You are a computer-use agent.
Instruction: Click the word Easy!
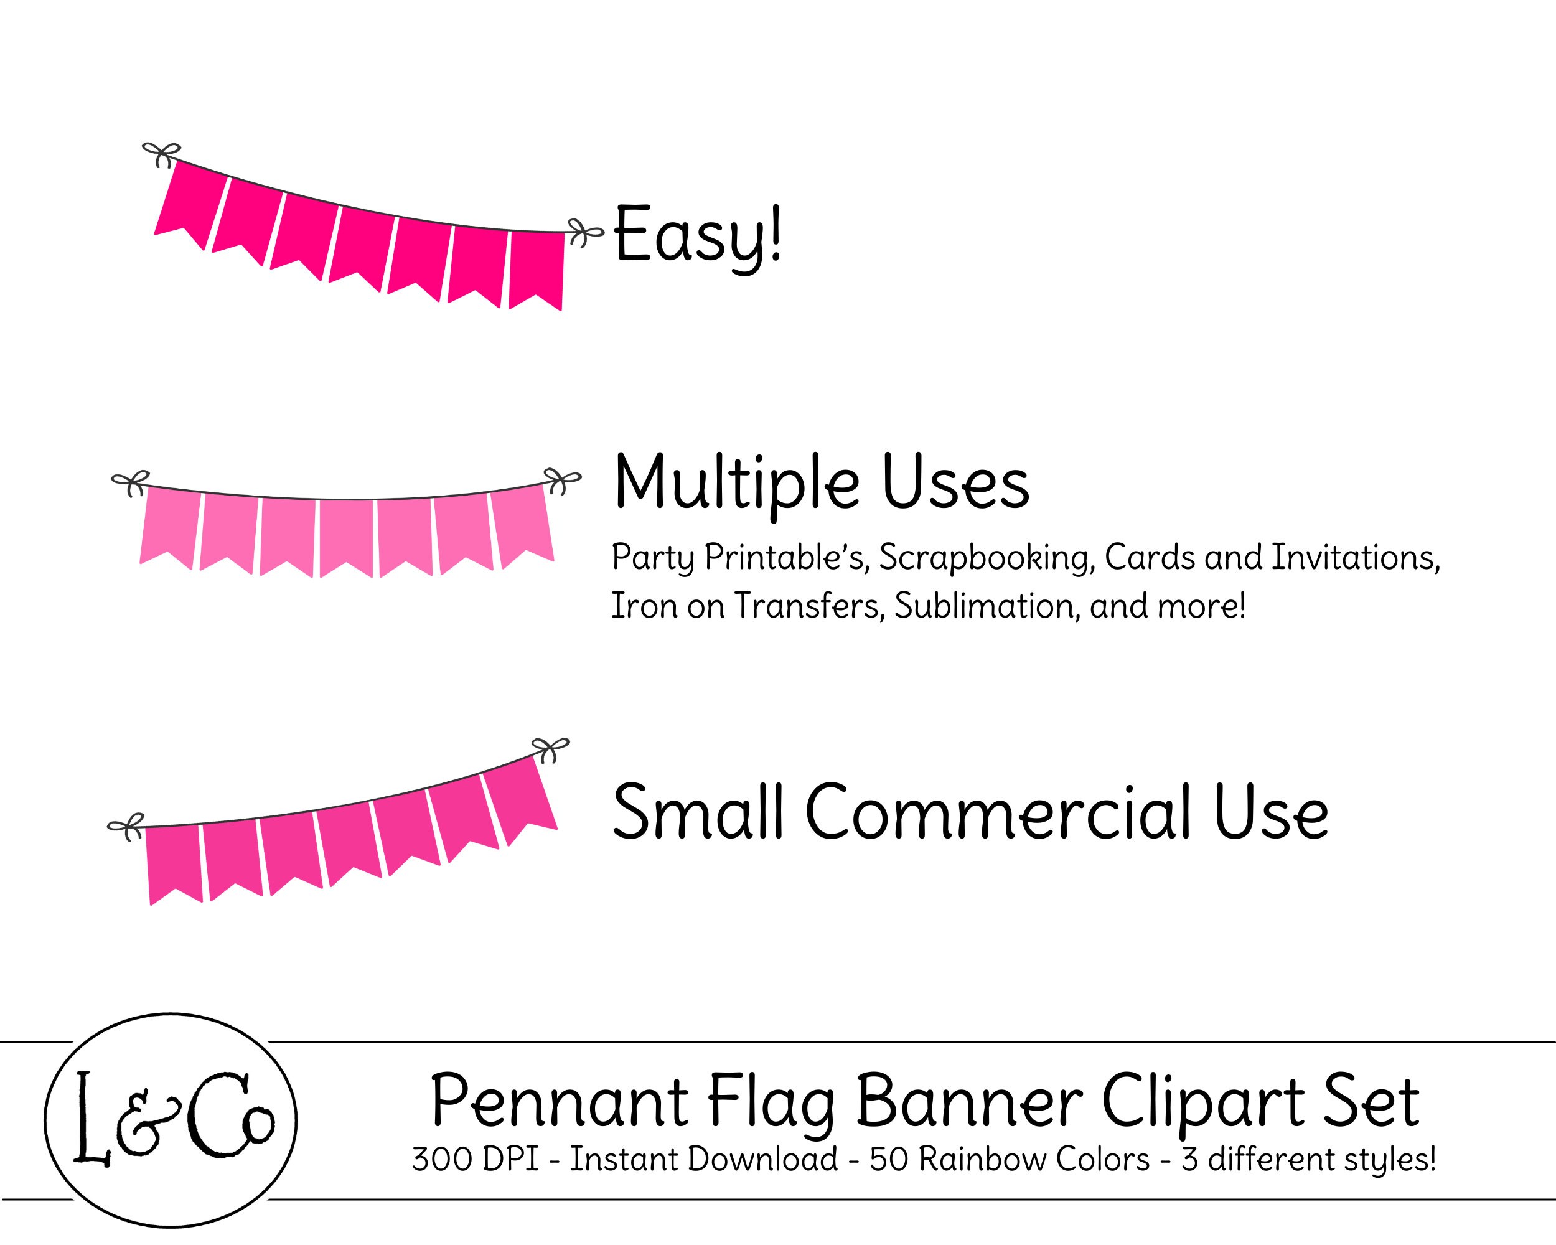697,235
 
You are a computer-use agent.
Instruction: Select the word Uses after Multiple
955,484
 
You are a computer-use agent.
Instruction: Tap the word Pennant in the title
560,1102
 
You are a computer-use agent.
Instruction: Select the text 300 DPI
475,1160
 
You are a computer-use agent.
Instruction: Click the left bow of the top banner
162,154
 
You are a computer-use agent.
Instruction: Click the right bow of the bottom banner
551,749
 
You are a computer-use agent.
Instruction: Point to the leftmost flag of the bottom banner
173,863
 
